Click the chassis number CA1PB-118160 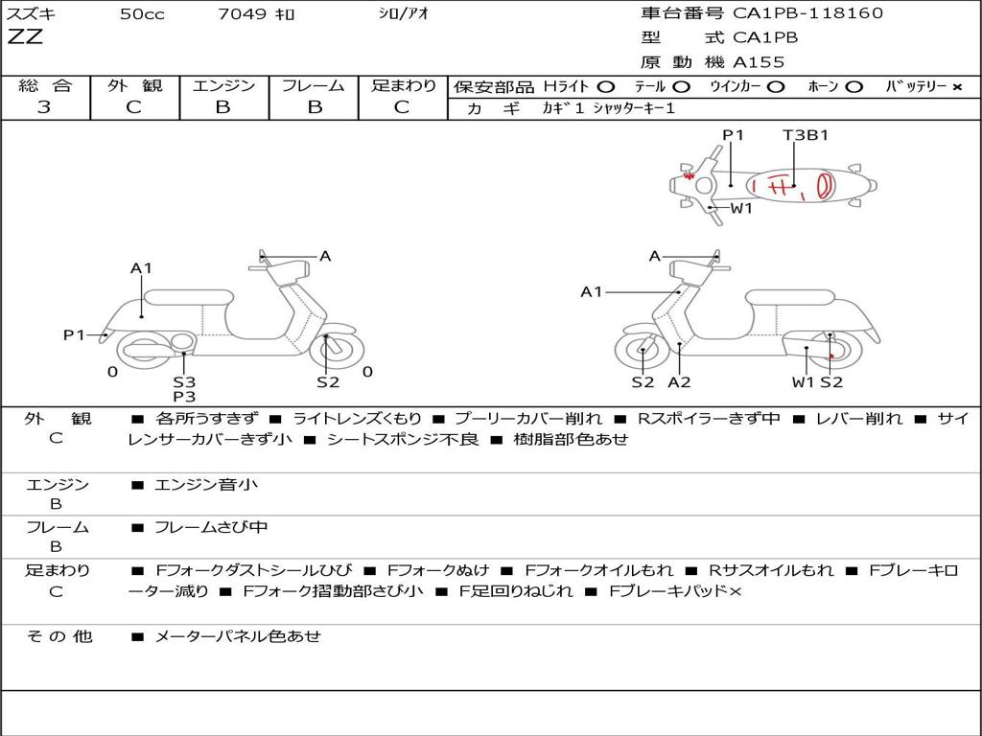tap(807, 13)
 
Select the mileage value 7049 tap(242, 13)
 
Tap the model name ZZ tap(25, 37)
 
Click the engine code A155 tap(759, 62)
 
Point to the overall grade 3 tap(44, 107)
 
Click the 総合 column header tap(45, 85)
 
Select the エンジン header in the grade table tap(223, 85)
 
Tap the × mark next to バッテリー tap(957, 87)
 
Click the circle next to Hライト tap(606, 87)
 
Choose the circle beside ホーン tap(854, 87)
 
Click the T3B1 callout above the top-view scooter tap(806, 135)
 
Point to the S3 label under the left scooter tap(184, 381)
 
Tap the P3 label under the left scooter tap(184, 397)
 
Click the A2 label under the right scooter tap(679, 382)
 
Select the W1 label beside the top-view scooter tap(741, 208)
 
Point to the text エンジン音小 tap(206, 484)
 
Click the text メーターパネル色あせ tap(238, 636)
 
